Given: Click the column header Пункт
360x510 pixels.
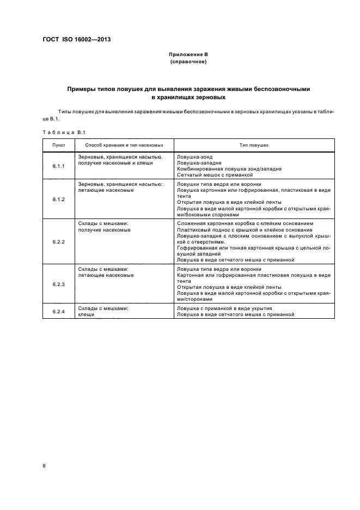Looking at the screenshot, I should (x=59, y=145).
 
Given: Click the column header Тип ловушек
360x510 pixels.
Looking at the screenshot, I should (x=254, y=145).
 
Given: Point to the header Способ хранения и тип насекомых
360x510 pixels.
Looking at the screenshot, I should (x=124, y=145).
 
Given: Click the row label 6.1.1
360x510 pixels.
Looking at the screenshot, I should (x=59, y=166).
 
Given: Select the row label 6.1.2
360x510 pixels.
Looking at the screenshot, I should (x=59, y=199).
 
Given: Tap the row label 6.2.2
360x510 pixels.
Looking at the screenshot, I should (x=59, y=241).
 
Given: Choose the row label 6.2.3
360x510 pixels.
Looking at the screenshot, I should (x=59, y=284).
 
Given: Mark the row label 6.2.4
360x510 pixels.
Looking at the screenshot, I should (x=59, y=311).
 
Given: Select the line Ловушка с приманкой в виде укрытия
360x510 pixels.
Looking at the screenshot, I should (x=224, y=308).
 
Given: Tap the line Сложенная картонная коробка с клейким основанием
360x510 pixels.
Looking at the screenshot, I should (x=245, y=223).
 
